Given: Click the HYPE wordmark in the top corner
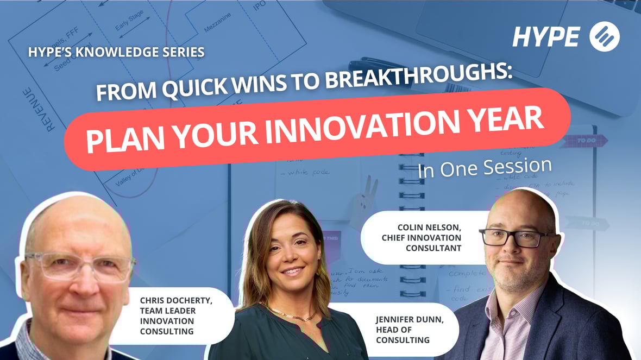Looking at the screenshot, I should point(545,36).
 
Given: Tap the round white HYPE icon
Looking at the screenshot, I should point(604,36).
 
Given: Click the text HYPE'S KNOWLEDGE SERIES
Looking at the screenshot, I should point(116,53).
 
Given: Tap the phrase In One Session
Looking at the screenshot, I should point(484,167).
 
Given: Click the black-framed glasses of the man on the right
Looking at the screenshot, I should point(516,237).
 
